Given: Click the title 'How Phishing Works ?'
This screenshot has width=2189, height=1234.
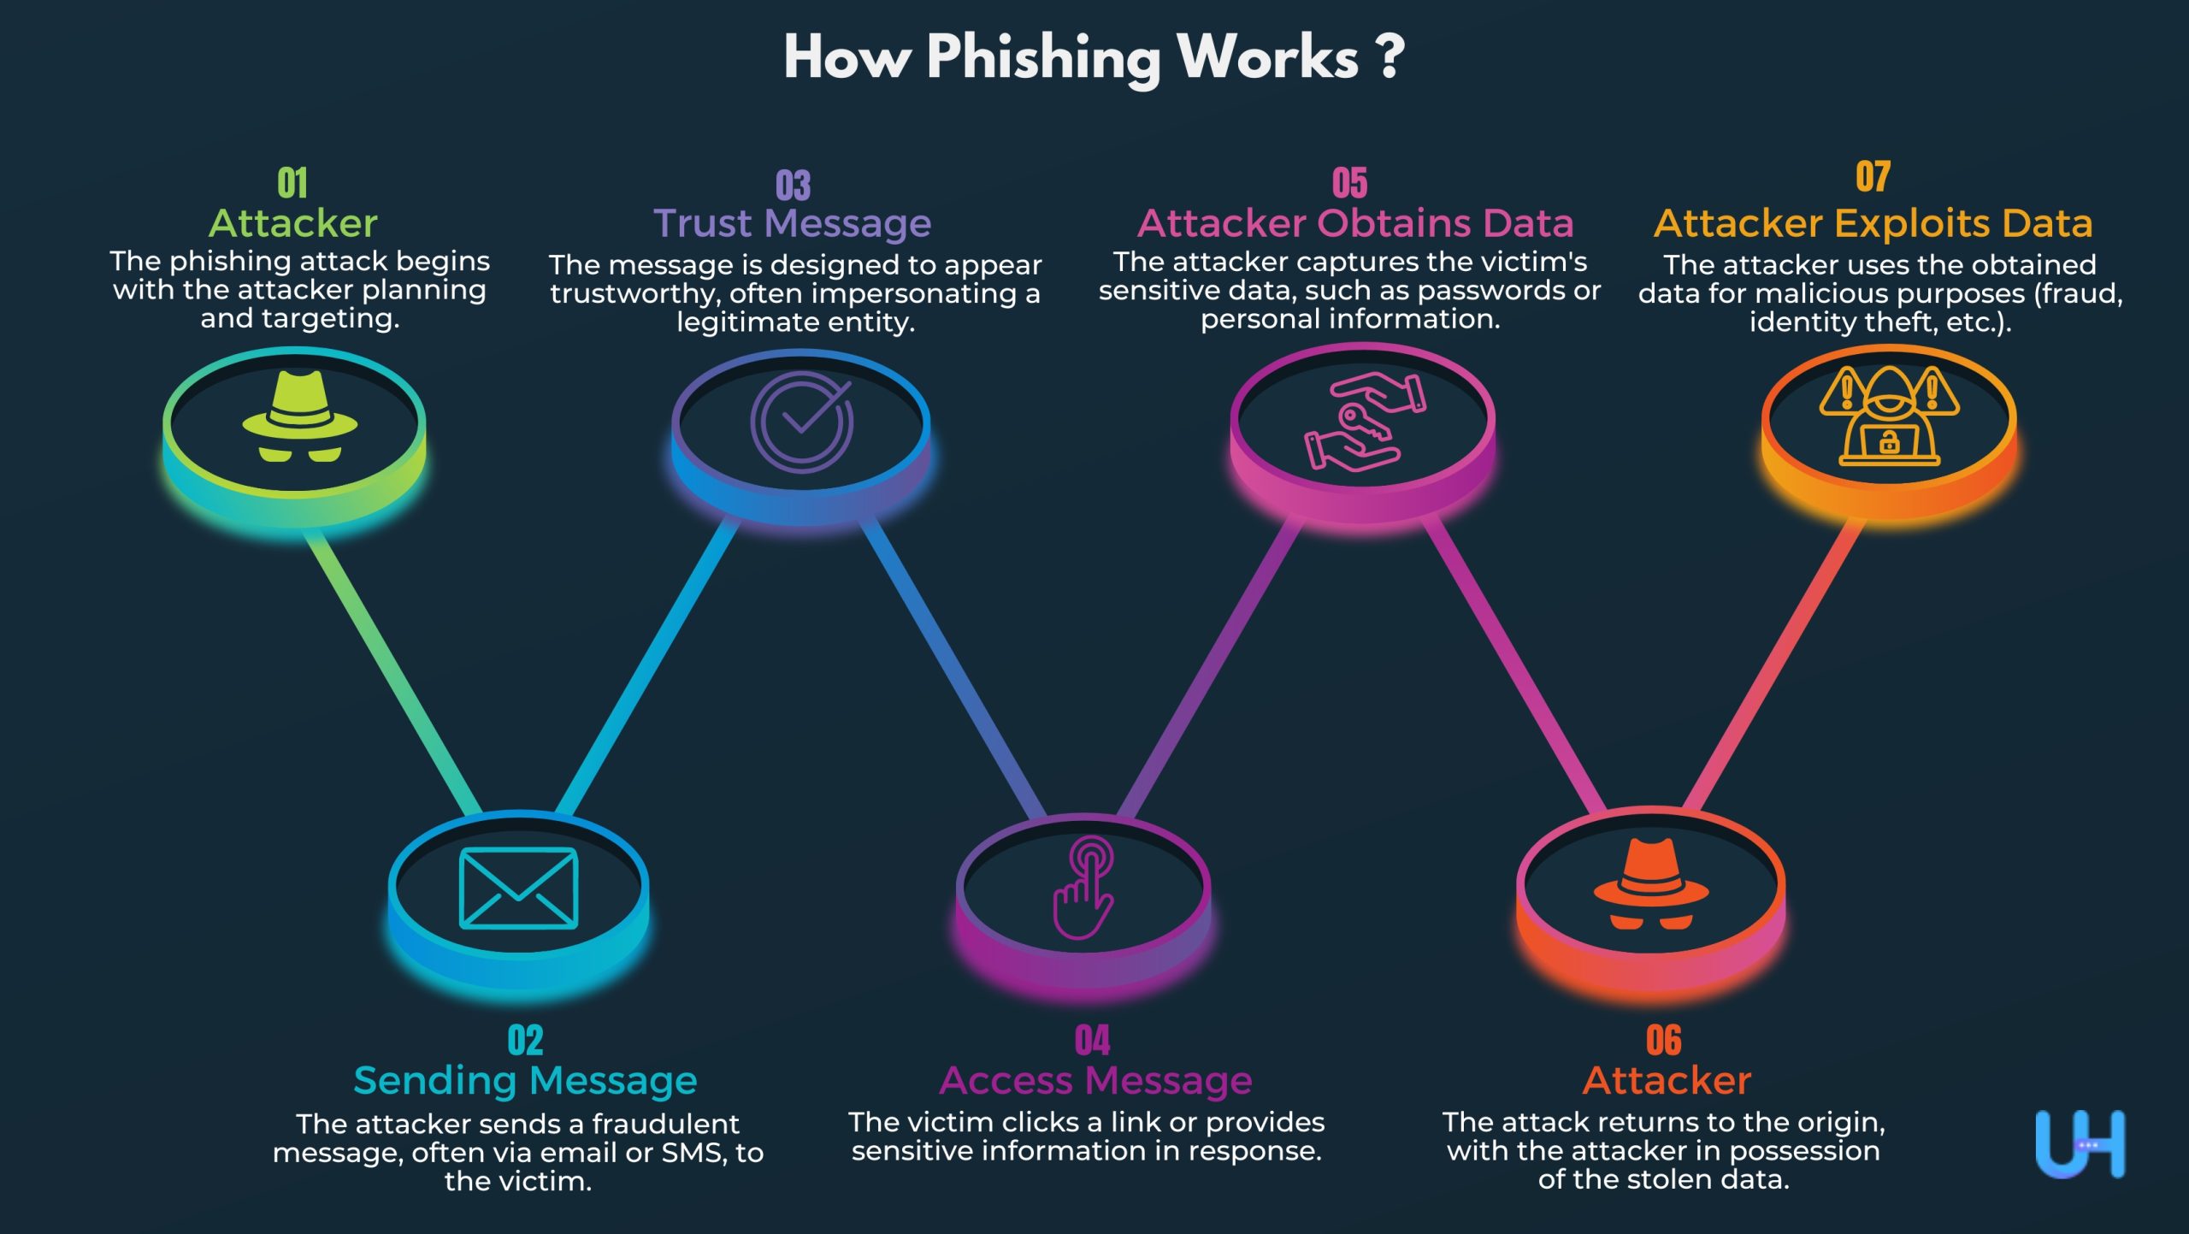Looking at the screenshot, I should click(x=1094, y=57).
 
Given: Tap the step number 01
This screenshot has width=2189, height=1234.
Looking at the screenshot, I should click(x=292, y=182).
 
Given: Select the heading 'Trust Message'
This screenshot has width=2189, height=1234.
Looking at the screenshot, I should click(x=792, y=223).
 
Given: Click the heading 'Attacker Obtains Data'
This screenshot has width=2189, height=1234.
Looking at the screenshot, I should click(x=1355, y=223).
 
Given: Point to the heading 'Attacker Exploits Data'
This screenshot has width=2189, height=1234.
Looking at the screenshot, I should click(x=1873, y=223).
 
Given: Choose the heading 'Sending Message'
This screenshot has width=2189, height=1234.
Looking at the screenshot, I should click(x=525, y=1080).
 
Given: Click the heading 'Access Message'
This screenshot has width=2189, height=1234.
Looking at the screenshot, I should click(x=1095, y=1080).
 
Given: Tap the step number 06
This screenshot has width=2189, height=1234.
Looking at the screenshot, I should click(x=1663, y=1040).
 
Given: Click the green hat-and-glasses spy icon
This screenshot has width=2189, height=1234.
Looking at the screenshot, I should click(x=299, y=416).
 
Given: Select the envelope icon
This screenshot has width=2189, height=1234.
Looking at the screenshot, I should click(x=518, y=888).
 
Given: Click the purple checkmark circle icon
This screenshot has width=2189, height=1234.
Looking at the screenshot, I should click(x=801, y=422).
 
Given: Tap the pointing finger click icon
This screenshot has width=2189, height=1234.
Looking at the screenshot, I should click(x=1083, y=887).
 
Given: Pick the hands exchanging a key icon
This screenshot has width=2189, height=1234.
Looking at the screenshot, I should click(x=1364, y=422).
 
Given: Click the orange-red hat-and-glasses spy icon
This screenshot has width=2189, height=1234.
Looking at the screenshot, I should click(x=1651, y=884).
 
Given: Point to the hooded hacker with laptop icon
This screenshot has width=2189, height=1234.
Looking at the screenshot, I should click(x=1889, y=416).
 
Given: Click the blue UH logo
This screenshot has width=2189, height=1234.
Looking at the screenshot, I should click(x=2080, y=1144).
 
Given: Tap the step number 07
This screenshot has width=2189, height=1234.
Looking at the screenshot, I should click(x=1873, y=177).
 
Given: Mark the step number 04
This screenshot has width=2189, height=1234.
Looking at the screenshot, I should click(x=1092, y=1040).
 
